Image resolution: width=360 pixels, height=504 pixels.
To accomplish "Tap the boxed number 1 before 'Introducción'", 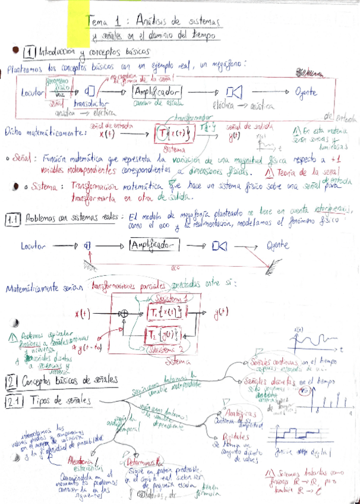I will tap(30, 53).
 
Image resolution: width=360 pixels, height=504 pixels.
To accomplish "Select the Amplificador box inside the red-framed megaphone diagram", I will tap(156, 93).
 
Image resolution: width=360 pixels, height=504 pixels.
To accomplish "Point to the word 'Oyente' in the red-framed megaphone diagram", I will tap(305, 92).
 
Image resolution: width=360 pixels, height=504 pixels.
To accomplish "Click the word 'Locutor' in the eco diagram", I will tap(33, 245).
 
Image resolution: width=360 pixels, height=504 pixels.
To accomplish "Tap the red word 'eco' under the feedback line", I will tap(175, 268).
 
